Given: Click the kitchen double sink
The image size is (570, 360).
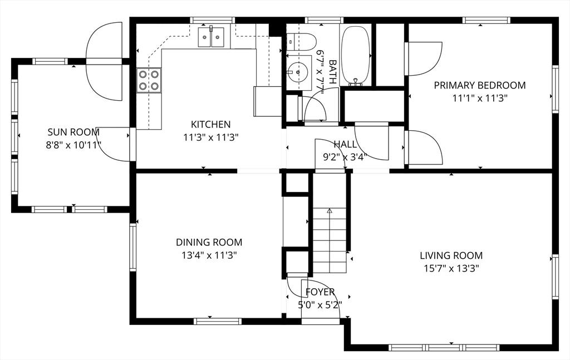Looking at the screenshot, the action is click(x=211, y=37).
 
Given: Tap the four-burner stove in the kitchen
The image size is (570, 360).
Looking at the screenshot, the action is click(x=149, y=80).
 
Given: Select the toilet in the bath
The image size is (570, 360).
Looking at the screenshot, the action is click(x=301, y=42).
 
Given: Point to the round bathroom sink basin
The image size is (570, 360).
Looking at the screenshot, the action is click(x=298, y=72).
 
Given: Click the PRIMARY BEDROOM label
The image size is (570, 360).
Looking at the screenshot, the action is click(x=480, y=85).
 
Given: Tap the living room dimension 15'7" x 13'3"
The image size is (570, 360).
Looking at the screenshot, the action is click(x=451, y=269).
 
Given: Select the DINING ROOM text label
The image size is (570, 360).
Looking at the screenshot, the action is click(x=209, y=242).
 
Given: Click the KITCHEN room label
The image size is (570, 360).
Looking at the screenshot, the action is click(x=211, y=124).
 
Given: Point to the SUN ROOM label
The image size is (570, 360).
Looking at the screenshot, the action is click(x=73, y=132).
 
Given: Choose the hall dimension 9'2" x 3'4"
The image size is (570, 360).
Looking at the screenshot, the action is click(x=345, y=157).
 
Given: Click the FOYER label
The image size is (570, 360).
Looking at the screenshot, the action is click(x=320, y=292).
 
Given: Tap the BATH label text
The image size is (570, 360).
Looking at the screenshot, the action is click(x=332, y=72).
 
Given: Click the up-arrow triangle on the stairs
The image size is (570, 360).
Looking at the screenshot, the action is click(x=330, y=210).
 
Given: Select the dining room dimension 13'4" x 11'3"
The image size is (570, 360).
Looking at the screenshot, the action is click(x=209, y=255).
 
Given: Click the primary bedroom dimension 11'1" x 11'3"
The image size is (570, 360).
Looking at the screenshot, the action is click(x=480, y=98).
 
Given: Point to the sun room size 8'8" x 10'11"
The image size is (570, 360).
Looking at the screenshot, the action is click(x=73, y=145).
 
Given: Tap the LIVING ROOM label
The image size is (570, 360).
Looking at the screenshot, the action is click(x=451, y=256).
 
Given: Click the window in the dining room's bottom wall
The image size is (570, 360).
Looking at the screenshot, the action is click(x=218, y=321).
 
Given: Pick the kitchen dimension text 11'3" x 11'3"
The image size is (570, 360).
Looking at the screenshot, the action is click(x=211, y=137).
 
